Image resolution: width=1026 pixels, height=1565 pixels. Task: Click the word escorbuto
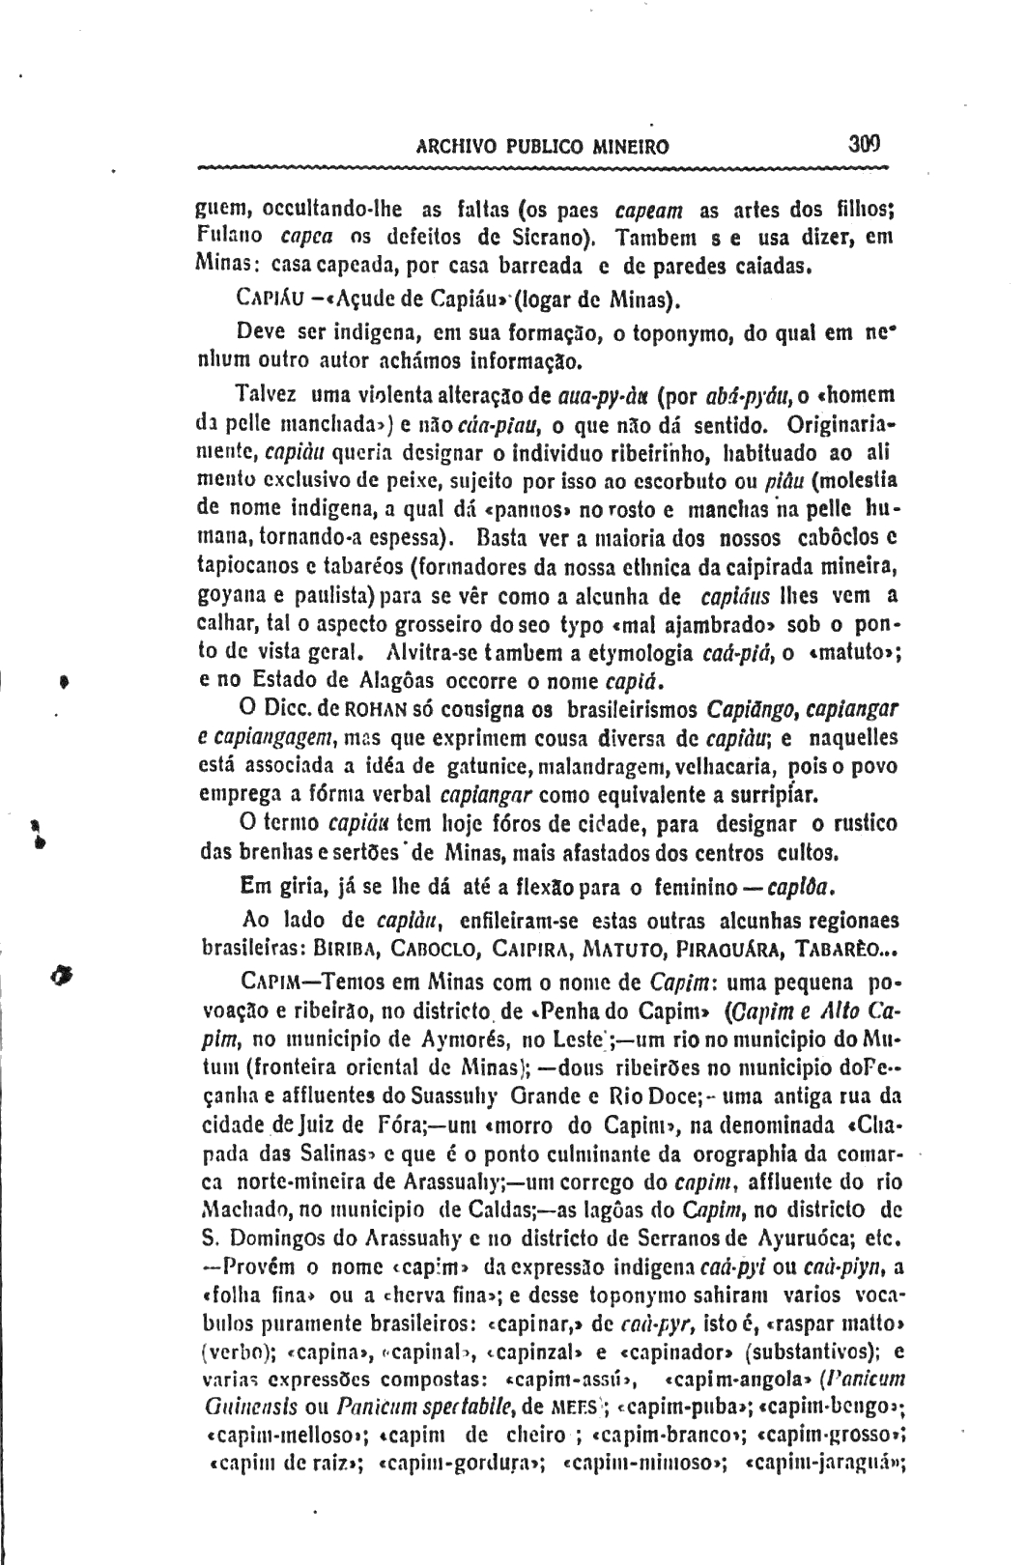(x=693, y=449)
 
